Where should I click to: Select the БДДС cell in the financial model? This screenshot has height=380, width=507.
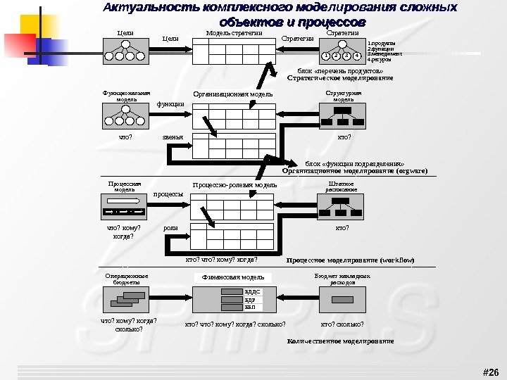pyautogui.click(x=252, y=291)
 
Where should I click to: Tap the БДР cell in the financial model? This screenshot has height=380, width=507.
pyautogui.click(x=250, y=299)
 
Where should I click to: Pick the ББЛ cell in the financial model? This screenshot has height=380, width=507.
pyautogui.click(x=250, y=307)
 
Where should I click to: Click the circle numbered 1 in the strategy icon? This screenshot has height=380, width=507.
pyautogui.click(x=325, y=55)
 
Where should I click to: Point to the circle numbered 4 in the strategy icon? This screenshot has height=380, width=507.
pyautogui.click(x=357, y=55)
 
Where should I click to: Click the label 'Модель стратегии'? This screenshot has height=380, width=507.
pyautogui.click(x=234, y=33)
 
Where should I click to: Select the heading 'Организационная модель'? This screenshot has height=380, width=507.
pyautogui.click(x=232, y=94)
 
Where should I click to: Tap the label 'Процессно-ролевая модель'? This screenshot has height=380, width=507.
pyautogui.click(x=235, y=185)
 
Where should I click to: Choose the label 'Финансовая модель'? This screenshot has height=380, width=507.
pyautogui.click(x=233, y=277)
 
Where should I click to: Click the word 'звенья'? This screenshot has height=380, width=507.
pyautogui.click(x=173, y=137)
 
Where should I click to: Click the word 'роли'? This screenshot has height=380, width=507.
pyautogui.click(x=170, y=228)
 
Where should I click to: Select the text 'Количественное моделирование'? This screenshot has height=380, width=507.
pyautogui.click(x=340, y=341)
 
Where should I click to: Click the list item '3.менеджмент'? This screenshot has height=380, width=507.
pyautogui.click(x=384, y=53)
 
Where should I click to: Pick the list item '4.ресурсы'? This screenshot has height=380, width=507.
pyautogui.click(x=381, y=59)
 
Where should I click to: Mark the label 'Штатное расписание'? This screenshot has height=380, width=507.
pyautogui.click(x=342, y=187)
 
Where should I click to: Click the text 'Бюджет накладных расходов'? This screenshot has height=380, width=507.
pyautogui.click(x=342, y=279)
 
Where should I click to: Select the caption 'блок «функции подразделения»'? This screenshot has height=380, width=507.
pyautogui.click(x=354, y=163)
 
